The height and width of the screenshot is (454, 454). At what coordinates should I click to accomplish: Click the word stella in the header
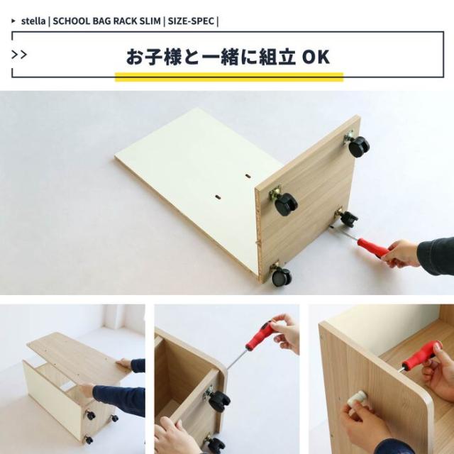pyautogui.click(x=33, y=21)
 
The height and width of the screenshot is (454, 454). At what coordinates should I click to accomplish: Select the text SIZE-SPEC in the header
pyautogui.click(x=192, y=21)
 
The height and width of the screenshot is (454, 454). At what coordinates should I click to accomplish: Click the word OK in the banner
pyautogui.click(x=316, y=57)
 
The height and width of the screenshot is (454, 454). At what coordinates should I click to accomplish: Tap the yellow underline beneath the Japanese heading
pyautogui.click(x=228, y=75)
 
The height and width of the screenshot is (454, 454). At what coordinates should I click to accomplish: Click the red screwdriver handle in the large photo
pyautogui.click(x=372, y=248)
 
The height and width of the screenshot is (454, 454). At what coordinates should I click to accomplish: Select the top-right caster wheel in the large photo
pyautogui.click(x=359, y=146)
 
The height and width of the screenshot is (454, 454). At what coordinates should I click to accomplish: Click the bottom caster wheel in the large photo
pyautogui.click(x=281, y=276)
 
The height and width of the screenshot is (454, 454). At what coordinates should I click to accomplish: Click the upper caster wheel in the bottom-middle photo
pyautogui.click(x=218, y=401)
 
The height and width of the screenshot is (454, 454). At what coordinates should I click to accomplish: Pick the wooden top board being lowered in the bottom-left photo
pyautogui.click(x=78, y=354)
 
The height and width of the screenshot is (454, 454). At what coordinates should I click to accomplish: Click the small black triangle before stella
pyautogui.click(x=14, y=21)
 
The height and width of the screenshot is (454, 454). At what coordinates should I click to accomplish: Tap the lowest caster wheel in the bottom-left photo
pyautogui.click(x=89, y=440)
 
